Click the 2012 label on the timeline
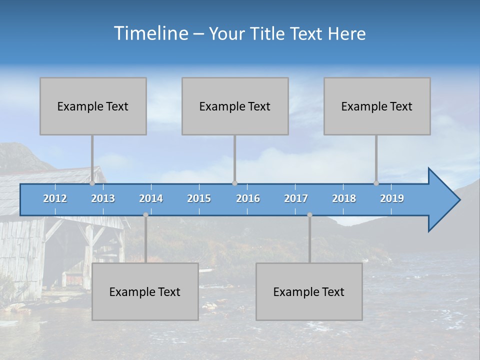pos(55,198)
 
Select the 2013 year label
pos(103,198)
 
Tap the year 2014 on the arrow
pos(151,198)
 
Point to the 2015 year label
pos(199,198)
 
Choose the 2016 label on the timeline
pos(248,198)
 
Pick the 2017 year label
pos(296,198)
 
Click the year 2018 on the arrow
pos(344,198)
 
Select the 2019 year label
pos(392,198)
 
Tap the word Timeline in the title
pos(150,33)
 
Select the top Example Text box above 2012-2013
pos(93,106)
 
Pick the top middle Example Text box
pos(235,106)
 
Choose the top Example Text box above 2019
pos(377,106)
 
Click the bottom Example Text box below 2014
pos(145,291)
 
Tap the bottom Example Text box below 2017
pos(309,291)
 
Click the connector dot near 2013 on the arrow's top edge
pos(92,183)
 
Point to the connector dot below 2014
pos(145,215)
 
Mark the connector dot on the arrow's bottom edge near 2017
pos(309,215)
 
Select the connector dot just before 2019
pos(376,183)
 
